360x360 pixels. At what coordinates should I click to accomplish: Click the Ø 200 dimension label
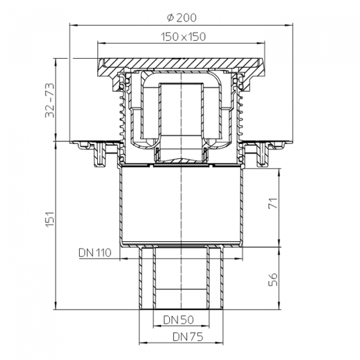click(181, 17)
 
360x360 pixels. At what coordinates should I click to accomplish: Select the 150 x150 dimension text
click(183, 37)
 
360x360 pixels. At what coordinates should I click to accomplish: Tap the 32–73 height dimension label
click(50, 100)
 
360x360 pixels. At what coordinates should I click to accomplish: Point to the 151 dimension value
click(50, 220)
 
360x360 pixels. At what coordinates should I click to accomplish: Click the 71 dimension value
click(273, 203)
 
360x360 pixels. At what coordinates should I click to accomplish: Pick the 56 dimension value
click(273, 280)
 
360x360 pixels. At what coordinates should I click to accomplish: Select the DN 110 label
click(95, 253)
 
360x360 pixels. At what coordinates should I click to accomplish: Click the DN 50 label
click(178, 320)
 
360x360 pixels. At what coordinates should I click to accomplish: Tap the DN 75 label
click(188, 337)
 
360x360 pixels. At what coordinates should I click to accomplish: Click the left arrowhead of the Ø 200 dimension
click(73, 25)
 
